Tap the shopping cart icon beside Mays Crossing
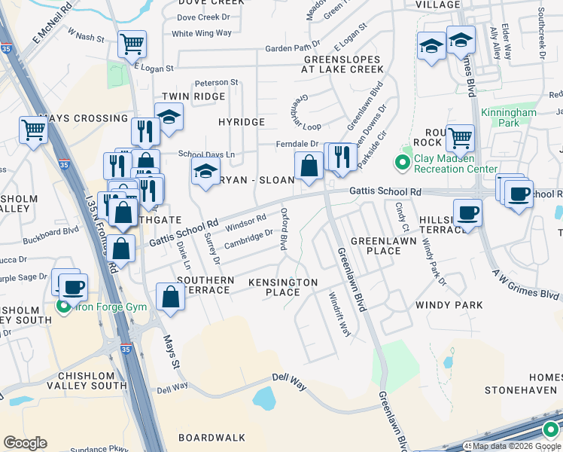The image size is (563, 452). tap(33, 131)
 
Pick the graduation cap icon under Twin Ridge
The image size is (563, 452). tap(169, 117)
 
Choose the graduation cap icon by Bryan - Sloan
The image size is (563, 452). tap(205, 171)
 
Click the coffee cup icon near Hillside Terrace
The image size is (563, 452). tap(467, 212)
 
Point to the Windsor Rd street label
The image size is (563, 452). tap(246, 222)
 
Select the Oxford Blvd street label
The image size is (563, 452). tap(285, 229)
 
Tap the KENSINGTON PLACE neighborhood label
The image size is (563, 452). tap(284, 287)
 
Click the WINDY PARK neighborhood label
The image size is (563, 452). tap(448, 305)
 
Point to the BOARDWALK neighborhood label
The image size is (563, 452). tap(212, 437)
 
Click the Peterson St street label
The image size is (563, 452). tap(216, 82)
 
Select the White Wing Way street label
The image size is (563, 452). tap(201, 33)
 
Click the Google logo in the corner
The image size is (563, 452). tap(25, 443)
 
